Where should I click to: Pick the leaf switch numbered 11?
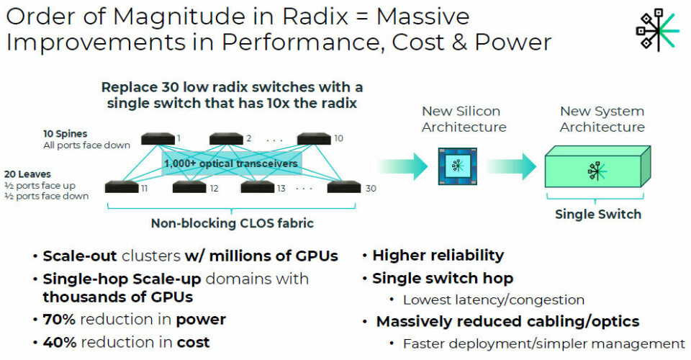pyautogui.click(x=120, y=187)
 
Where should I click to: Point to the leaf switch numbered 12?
pyautogui.click(x=189, y=187)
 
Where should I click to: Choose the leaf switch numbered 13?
pyautogui.click(x=257, y=187)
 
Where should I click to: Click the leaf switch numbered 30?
pyautogui.click(x=343, y=187)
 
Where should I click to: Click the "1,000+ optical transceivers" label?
pyautogui.click(x=231, y=163)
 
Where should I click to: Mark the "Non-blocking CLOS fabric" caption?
pyautogui.click(x=232, y=223)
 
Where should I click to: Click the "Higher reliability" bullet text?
pyautogui.click(x=438, y=256)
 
